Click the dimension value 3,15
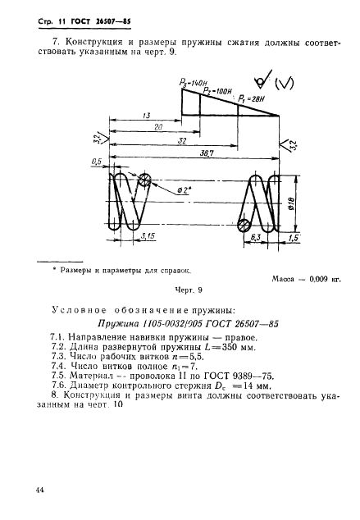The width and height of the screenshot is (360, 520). click(x=149, y=236)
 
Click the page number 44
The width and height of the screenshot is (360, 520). click(x=40, y=489)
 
